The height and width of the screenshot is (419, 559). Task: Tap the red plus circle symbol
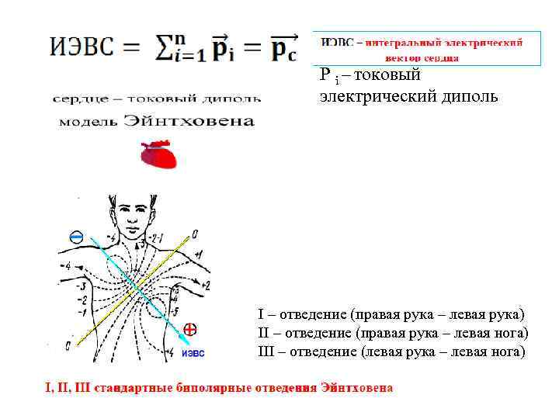click(x=189, y=328)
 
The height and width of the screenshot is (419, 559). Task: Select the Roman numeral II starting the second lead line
click(x=263, y=333)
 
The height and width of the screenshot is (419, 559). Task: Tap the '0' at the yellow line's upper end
click(x=194, y=233)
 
